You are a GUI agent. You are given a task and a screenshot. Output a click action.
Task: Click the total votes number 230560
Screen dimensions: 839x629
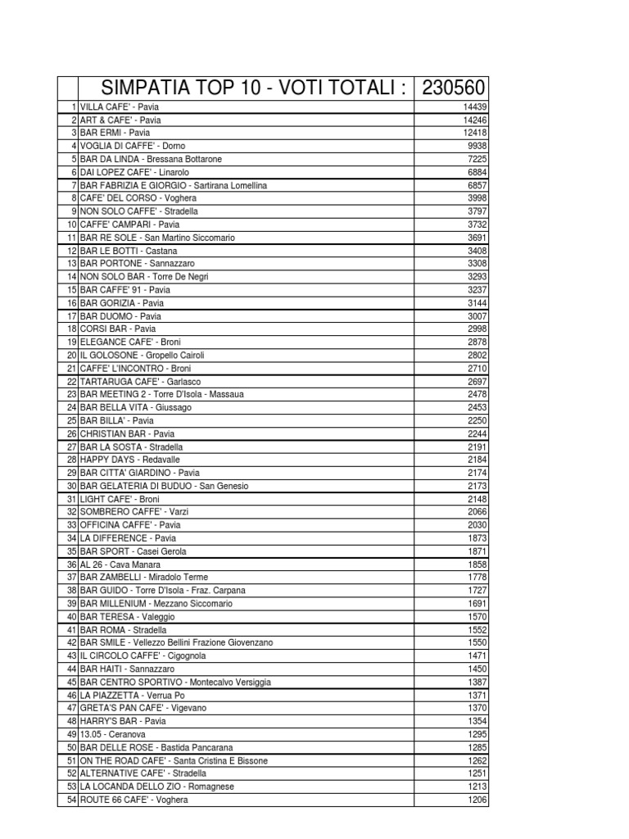pos(453,88)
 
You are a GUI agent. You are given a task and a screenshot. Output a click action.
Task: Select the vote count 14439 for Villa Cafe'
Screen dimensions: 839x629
pos(474,107)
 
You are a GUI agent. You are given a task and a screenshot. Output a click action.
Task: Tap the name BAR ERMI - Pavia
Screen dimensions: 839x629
pos(115,133)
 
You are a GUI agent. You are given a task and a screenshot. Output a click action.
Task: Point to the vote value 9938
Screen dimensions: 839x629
pos(477,146)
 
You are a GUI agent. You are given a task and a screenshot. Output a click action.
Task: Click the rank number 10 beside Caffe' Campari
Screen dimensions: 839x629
pos(71,224)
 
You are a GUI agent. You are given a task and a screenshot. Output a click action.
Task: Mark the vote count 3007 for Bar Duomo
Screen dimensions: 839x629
pos(477,316)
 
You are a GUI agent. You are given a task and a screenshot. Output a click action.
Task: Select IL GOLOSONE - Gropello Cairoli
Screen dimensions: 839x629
pos(142,356)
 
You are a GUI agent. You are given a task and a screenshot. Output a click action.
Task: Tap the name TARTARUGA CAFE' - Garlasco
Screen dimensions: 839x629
pos(139,382)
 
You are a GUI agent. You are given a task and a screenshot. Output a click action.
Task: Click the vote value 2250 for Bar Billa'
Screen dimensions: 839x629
pos(477,421)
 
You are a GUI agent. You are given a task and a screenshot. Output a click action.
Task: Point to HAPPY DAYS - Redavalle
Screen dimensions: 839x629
pos(129,460)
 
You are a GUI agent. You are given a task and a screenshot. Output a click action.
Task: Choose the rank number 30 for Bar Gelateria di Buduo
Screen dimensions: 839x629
pos(71,487)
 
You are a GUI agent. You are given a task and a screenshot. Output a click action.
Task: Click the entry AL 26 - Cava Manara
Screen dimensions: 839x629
pos(120,565)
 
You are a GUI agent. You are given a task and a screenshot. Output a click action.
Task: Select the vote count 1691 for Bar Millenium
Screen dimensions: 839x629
pos(477,604)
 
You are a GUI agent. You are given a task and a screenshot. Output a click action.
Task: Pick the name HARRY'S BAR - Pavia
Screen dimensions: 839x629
pos(122,721)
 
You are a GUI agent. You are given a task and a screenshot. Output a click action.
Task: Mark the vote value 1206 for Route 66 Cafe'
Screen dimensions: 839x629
pos(477,800)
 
